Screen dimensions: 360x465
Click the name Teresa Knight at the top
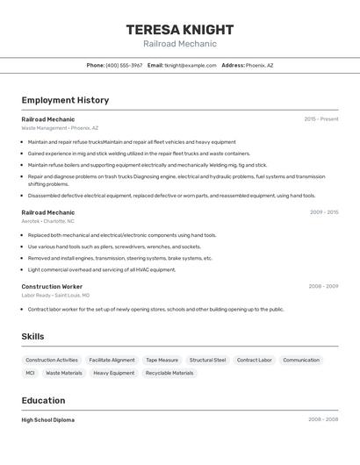[x=180, y=29]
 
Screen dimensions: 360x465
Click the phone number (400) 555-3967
[x=124, y=65]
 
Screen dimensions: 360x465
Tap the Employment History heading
[x=65, y=100]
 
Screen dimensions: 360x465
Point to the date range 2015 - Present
[x=321, y=118]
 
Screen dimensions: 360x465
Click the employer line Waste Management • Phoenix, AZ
[x=60, y=127]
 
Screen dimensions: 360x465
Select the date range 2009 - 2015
[x=324, y=211]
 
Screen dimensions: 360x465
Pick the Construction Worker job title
[x=52, y=287]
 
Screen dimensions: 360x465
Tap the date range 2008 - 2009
[x=323, y=287]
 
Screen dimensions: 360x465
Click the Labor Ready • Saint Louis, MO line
[x=58, y=296]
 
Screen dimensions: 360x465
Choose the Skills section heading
[x=33, y=337]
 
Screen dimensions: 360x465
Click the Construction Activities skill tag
[x=52, y=360]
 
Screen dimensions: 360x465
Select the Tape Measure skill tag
[x=162, y=360]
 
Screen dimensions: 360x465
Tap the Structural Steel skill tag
[x=207, y=360]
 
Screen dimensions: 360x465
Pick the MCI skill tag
[x=30, y=373]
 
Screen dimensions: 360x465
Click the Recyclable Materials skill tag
[x=169, y=373]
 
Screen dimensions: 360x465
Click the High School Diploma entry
[x=47, y=419]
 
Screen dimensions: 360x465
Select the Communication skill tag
[x=301, y=360]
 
